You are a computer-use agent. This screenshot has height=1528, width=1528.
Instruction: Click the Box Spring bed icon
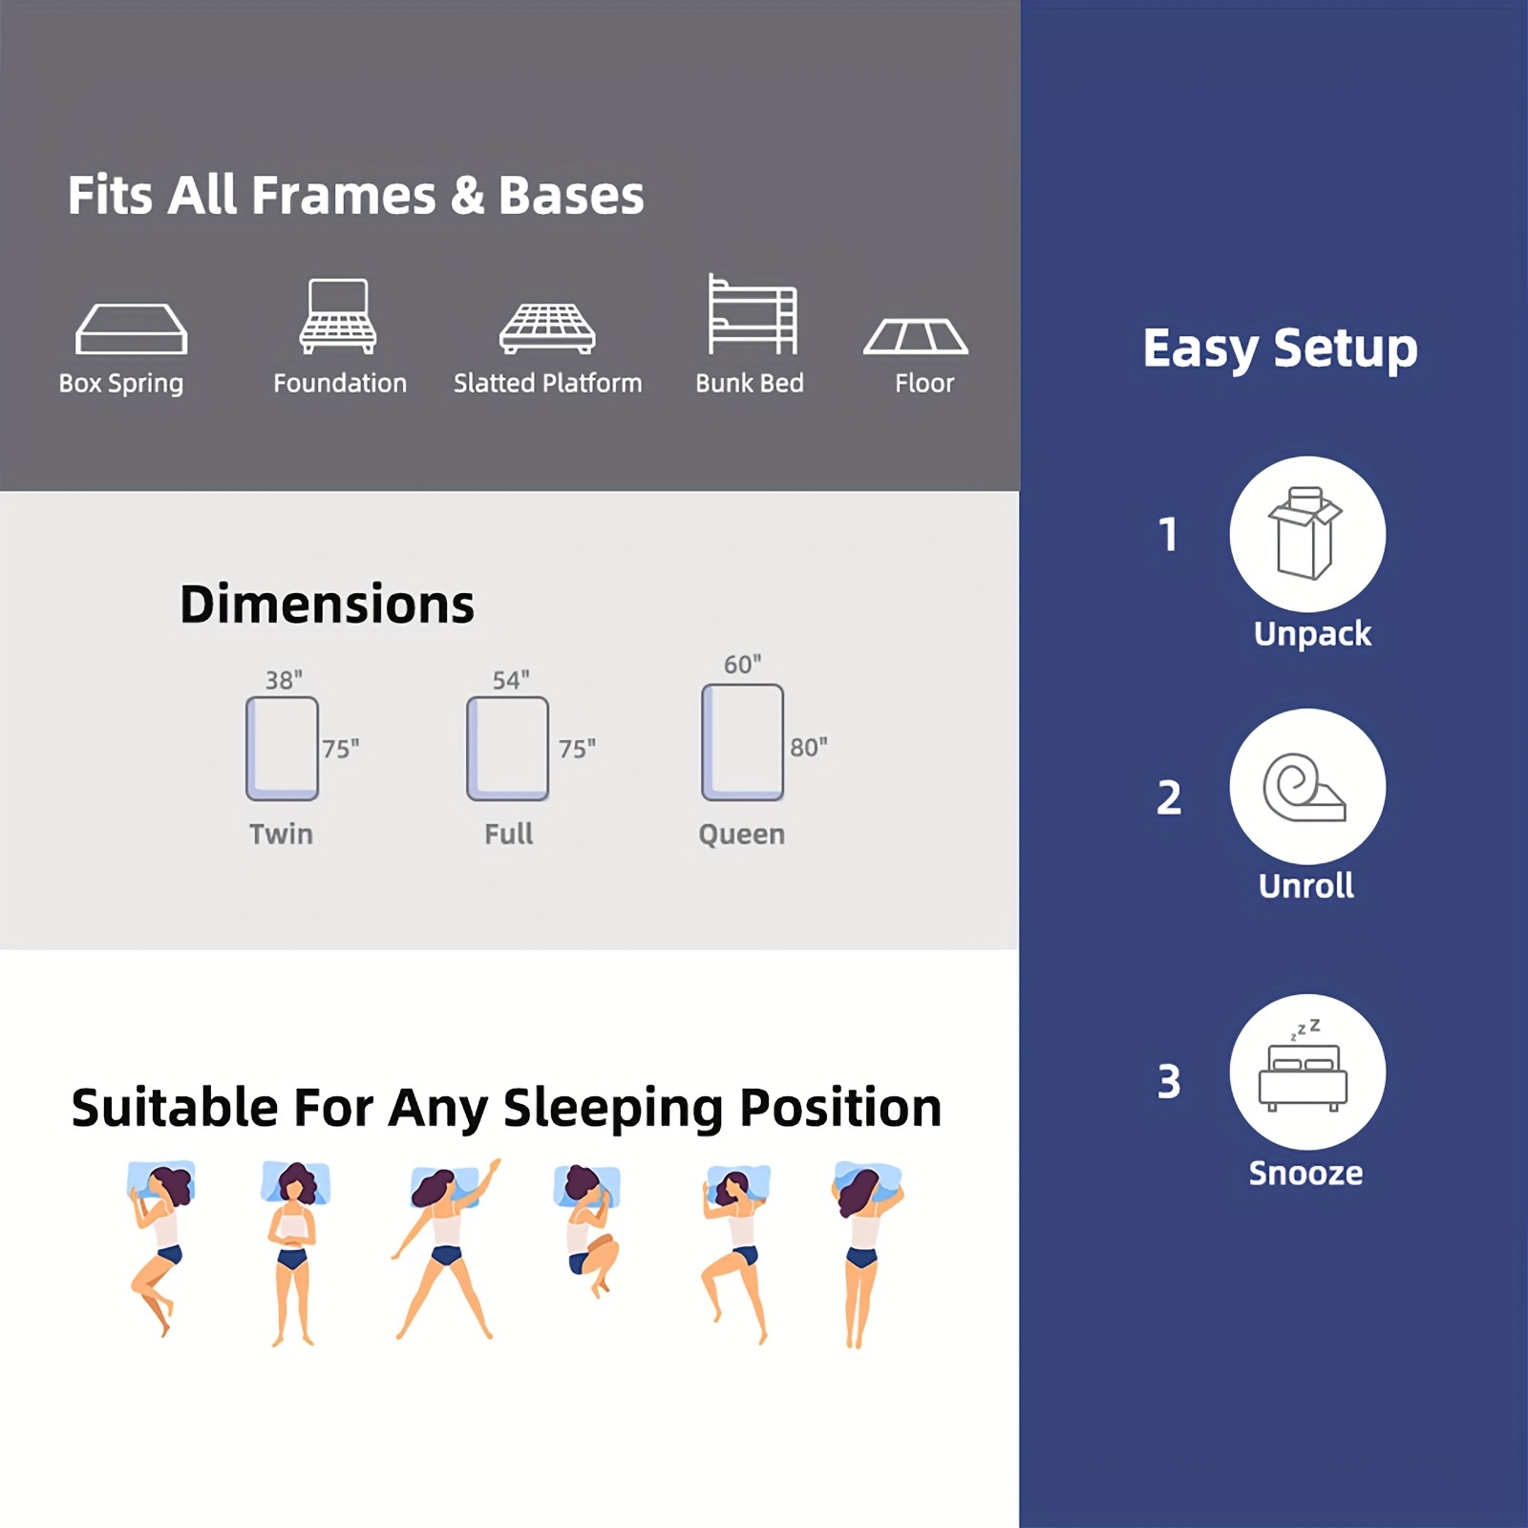[x=131, y=329]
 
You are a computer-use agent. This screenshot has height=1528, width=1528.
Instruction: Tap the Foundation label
[x=340, y=383]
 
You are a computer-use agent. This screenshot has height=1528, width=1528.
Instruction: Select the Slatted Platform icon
[x=547, y=328]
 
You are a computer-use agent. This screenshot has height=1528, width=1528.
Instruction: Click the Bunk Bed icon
[x=752, y=314]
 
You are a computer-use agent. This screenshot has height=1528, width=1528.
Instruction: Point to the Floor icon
[x=916, y=336]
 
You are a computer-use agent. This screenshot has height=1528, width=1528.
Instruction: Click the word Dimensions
[x=327, y=605]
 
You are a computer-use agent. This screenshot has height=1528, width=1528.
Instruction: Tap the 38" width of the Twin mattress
[x=284, y=680]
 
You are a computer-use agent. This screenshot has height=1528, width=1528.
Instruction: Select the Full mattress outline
[x=507, y=749]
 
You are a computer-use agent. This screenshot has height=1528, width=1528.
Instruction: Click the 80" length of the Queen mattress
[x=808, y=747]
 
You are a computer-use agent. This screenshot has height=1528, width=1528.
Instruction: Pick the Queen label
[x=741, y=835]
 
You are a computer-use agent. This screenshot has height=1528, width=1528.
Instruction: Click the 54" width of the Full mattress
[x=511, y=680]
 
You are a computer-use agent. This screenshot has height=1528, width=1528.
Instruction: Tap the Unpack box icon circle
[x=1307, y=534]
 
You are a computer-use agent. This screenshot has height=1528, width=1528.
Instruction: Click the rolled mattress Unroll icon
[x=1305, y=788]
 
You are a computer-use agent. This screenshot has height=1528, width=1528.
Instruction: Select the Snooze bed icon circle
[x=1307, y=1072]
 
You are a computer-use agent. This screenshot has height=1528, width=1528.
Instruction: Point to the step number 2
[x=1169, y=797]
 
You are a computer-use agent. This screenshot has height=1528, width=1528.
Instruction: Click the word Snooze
[x=1305, y=1173]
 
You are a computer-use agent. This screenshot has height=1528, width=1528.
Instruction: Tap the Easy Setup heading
[x=1280, y=348]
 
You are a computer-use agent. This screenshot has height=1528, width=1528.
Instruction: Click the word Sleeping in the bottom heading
[x=612, y=1109]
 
